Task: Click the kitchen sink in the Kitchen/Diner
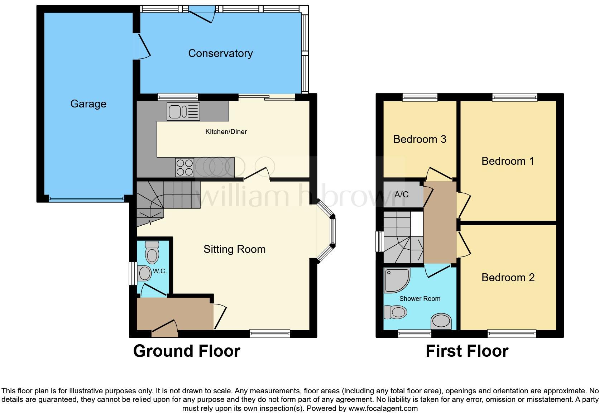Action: (x=183, y=111)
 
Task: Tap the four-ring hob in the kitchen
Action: (x=185, y=167)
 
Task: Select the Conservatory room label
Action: (x=220, y=53)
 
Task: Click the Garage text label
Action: (x=88, y=104)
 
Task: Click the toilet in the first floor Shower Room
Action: (x=396, y=312)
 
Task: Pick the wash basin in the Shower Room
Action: (x=441, y=321)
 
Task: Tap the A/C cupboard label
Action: (x=401, y=195)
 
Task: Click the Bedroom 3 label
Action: (x=420, y=139)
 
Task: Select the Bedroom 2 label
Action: (x=508, y=277)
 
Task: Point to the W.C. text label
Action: (x=160, y=271)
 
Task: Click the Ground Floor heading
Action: (x=187, y=351)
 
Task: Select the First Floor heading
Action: (x=467, y=351)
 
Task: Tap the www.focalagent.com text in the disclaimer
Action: (x=383, y=408)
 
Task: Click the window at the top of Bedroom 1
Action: (x=514, y=97)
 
